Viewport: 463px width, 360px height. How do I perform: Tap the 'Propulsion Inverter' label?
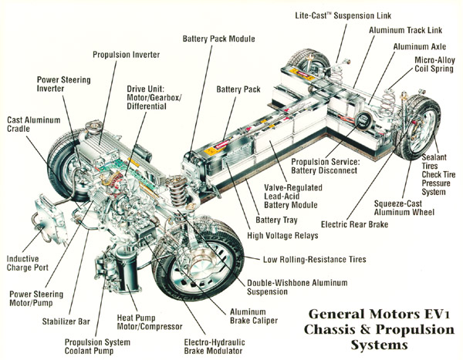(x=127, y=55)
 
